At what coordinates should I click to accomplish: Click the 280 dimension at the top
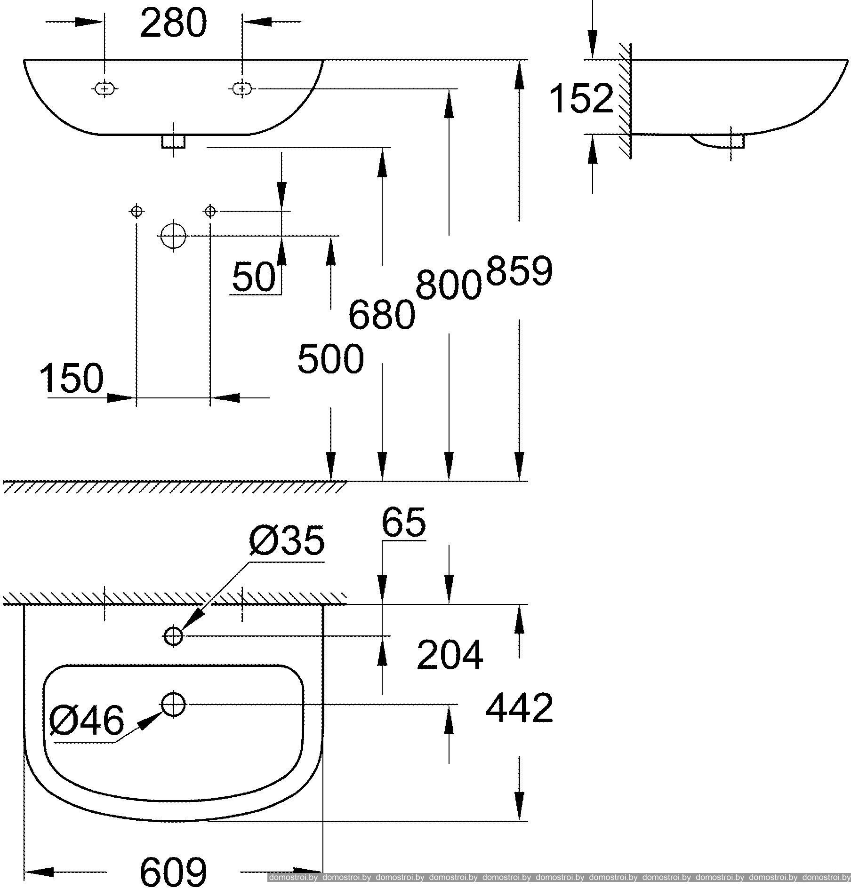tap(173, 23)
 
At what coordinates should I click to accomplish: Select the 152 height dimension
tap(582, 98)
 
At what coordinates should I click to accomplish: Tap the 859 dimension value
tap(519, 271)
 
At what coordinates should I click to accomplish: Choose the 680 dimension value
tap(382, 315)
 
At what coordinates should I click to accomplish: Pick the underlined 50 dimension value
tap(254, 277)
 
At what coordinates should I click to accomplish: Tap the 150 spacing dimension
tap(72, 378)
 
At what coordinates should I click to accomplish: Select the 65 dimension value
tap(403, 523)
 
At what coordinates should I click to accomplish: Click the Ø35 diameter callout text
tap(288, 540)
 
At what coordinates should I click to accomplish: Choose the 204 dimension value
tap(450, 655)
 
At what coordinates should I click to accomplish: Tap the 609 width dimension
tap(173, 871)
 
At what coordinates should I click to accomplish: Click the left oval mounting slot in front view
tap(104, 88)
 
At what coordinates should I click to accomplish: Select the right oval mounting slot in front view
tap(242, 88)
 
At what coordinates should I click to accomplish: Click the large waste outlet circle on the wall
tap(174, 236)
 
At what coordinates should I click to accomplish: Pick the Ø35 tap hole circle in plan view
tap(173, 636)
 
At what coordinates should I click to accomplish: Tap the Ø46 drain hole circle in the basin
tap(174, 705)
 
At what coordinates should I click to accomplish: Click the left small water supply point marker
tap(136, 211)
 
